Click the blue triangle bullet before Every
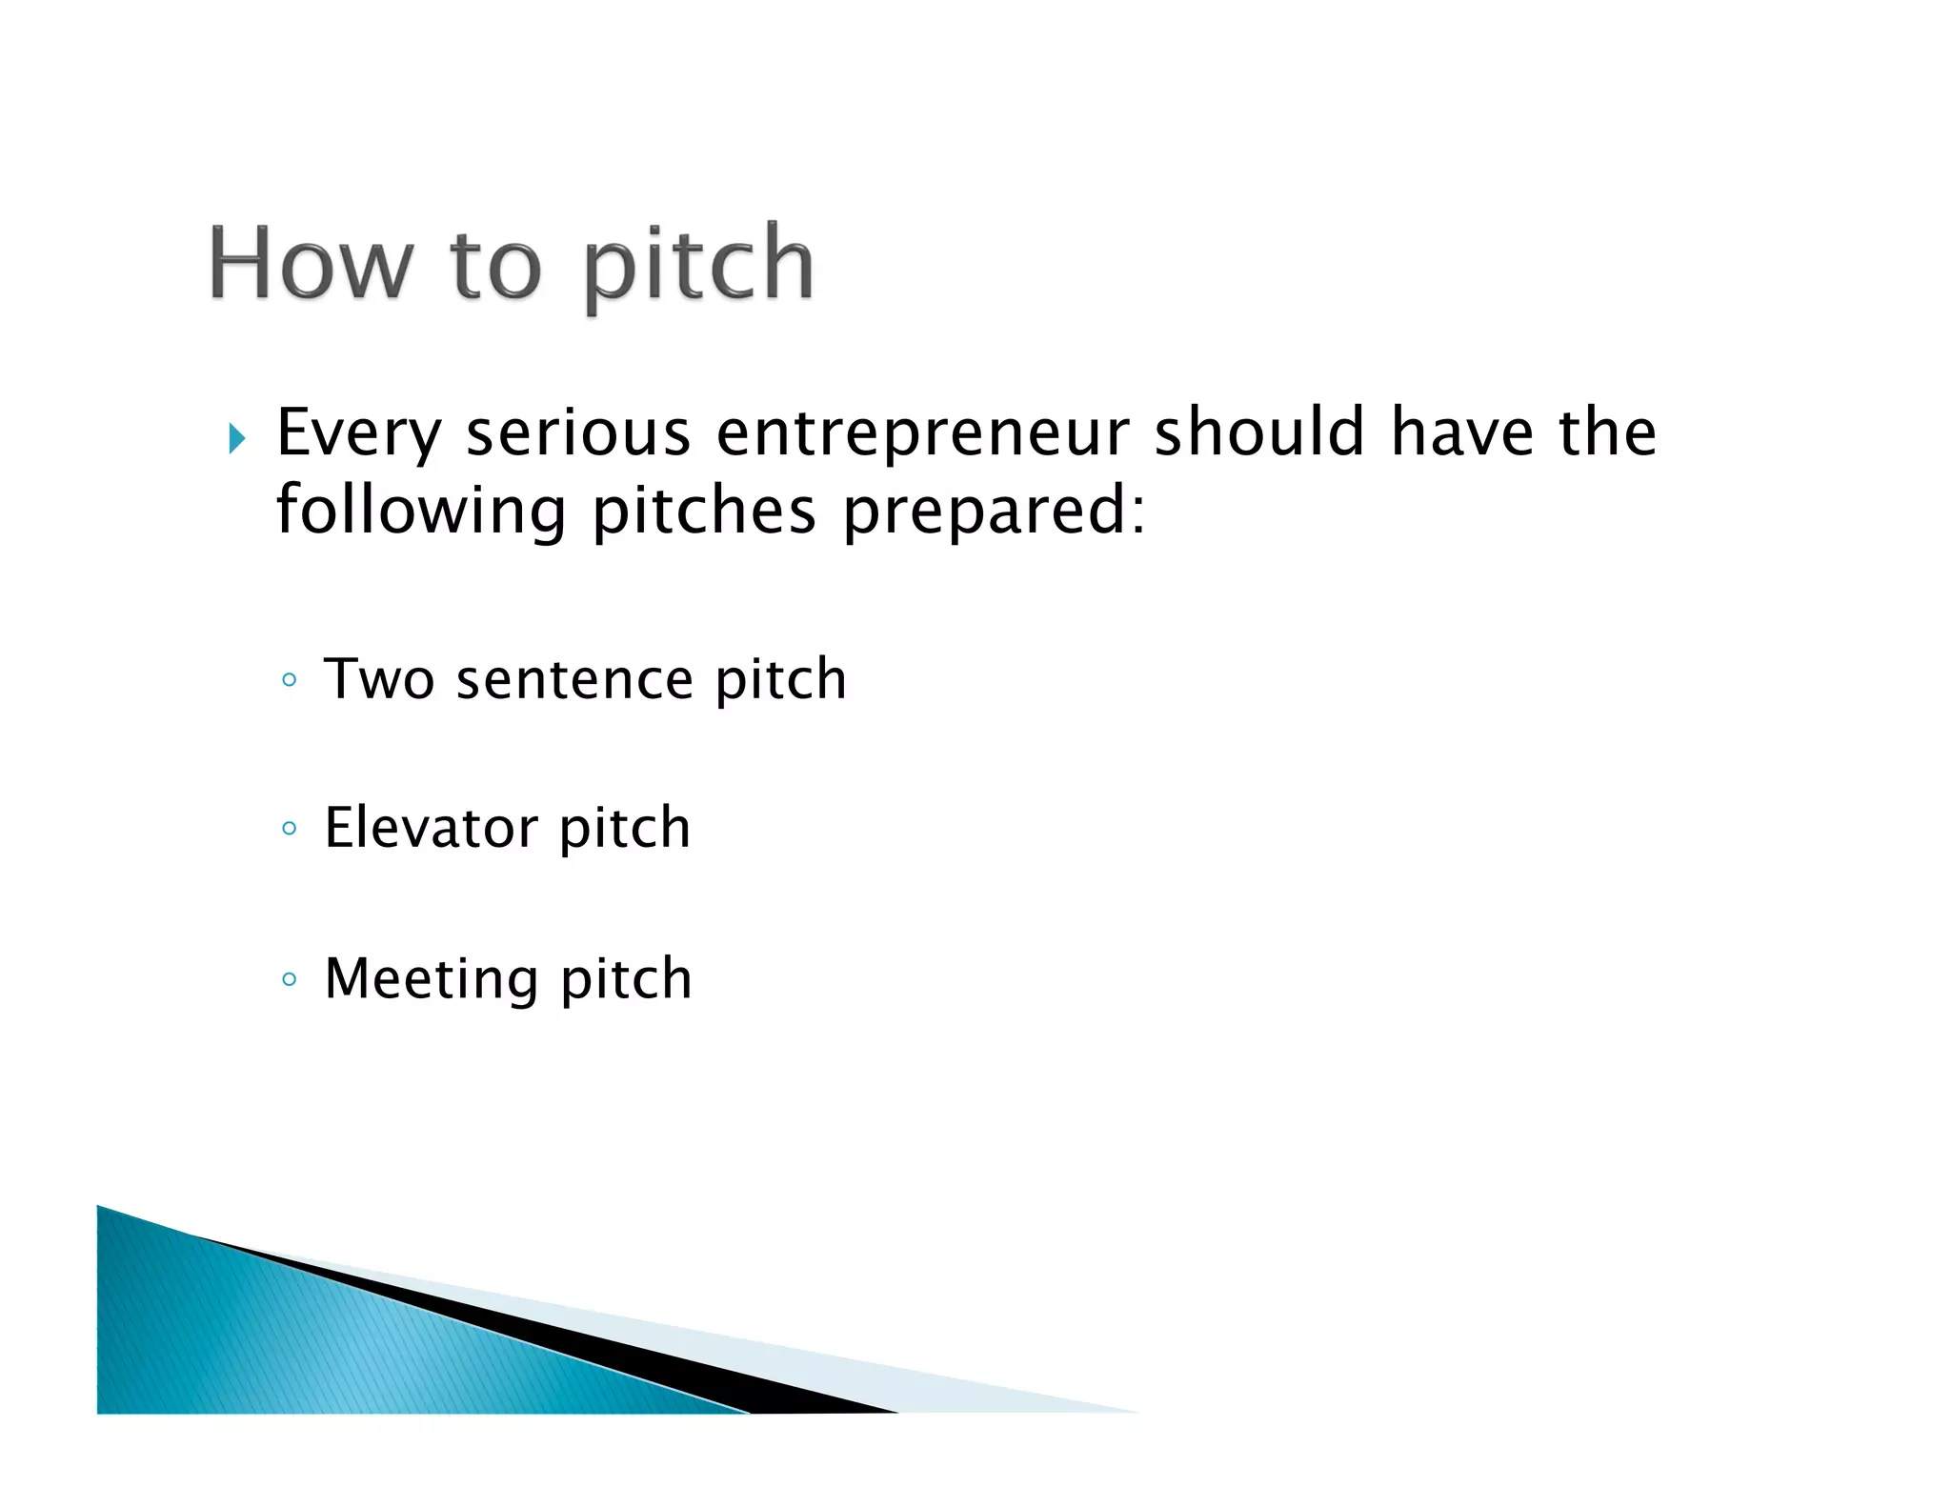(237, 439)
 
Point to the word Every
(359, 434)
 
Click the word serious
(577, 432)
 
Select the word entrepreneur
(922, 434)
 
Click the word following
(421, 512)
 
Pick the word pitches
(704, 512)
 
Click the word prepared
(987, 512)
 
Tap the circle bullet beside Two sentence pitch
(290, 680)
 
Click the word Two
(379, 679)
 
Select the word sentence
(574, 680)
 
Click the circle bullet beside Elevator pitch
(290, 828)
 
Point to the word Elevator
(430, 827)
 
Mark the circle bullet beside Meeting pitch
(290, 978)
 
